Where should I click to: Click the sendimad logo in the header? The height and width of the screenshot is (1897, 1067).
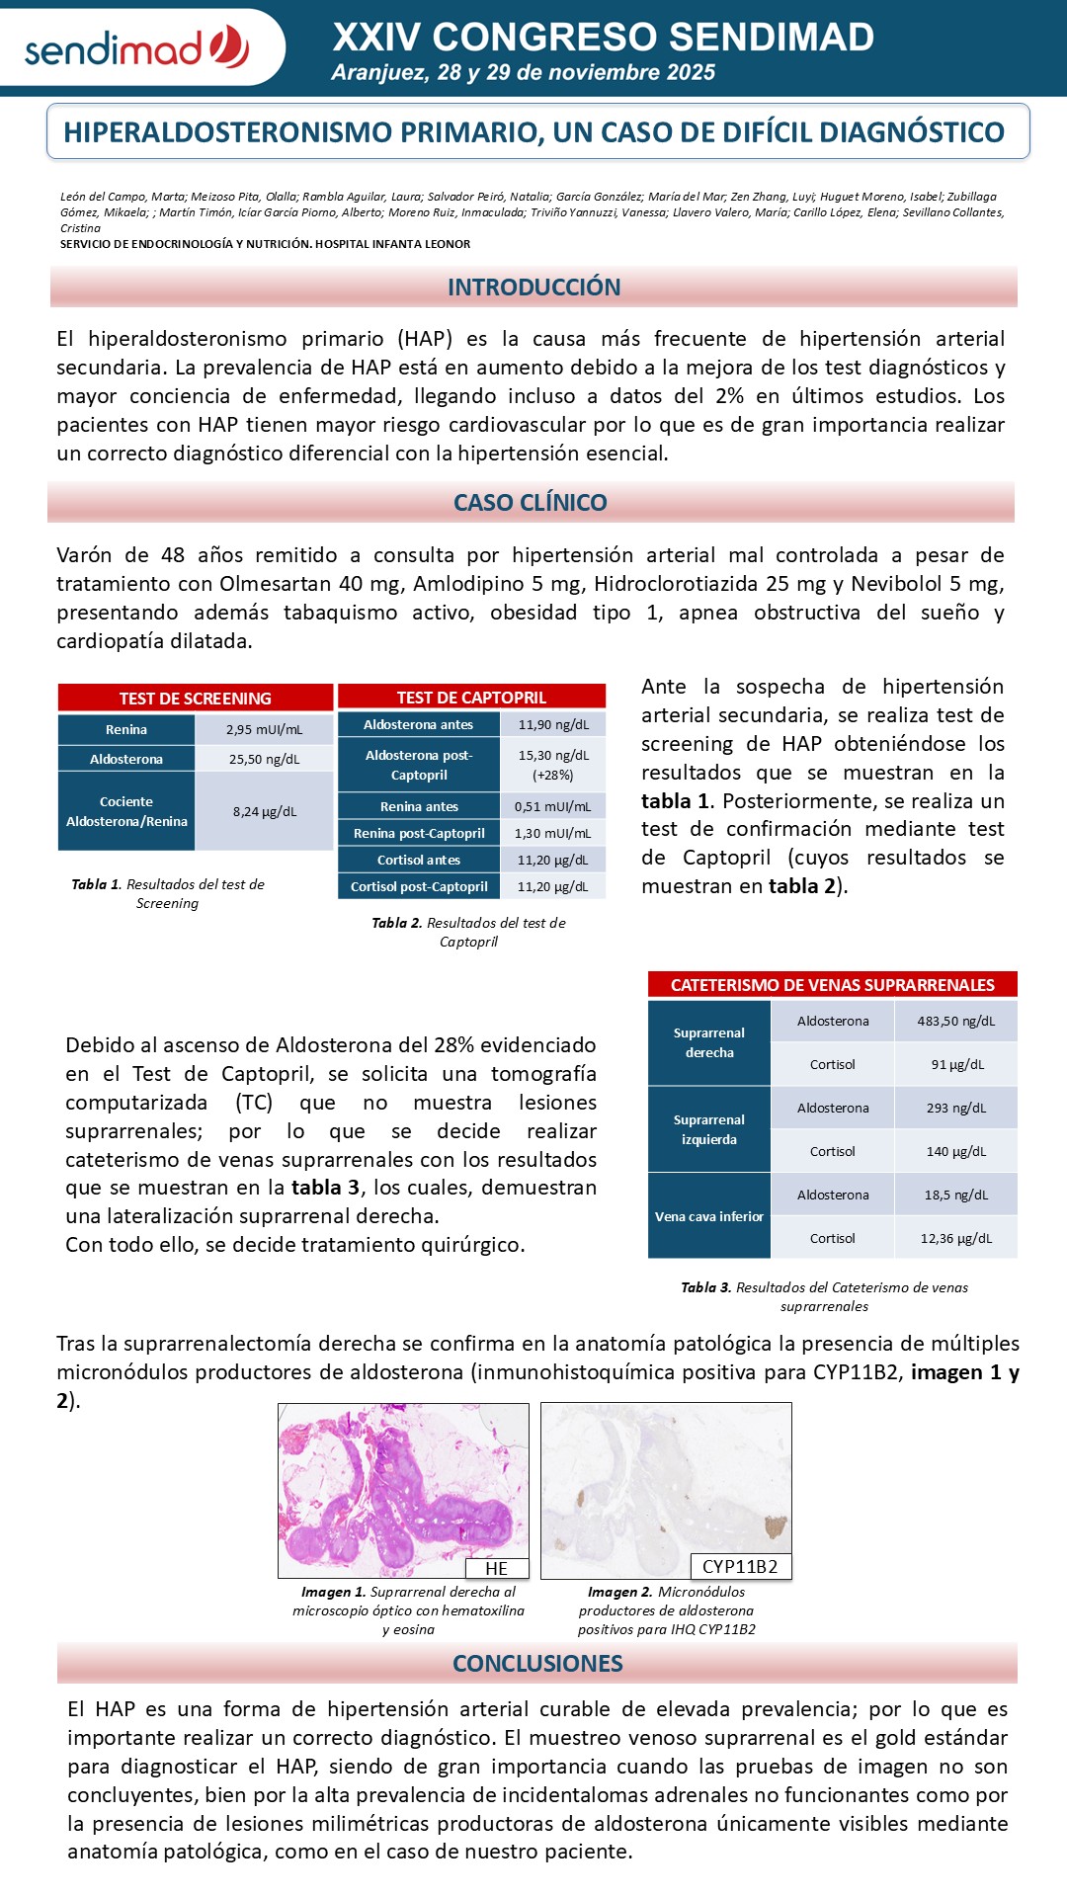coord(136,47)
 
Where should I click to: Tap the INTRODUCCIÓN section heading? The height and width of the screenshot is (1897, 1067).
coord(533,288)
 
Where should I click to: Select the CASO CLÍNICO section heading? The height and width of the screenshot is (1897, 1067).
coord(531,503)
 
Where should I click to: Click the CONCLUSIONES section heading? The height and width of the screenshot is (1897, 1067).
coord(537,1664)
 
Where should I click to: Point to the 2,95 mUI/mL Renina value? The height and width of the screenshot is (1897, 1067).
coord(264,730)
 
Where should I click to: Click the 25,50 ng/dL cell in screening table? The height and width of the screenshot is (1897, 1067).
coord(264,760)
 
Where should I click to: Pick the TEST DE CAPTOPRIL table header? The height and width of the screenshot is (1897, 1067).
coord(471,698)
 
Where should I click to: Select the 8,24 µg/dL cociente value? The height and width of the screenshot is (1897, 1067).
coord(264,812)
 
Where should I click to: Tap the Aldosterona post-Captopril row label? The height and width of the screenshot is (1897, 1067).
coord(419,766)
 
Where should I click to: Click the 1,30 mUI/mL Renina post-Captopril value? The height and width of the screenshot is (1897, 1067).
coord(552,834)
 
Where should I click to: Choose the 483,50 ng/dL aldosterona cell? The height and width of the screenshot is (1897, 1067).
coord(955,1022)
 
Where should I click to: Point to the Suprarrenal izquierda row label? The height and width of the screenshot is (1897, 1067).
coord(709,1130)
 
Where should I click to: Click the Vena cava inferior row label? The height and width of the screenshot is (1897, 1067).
coord(709,1217)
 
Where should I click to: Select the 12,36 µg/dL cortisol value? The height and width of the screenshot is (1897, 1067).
coord(955,1239)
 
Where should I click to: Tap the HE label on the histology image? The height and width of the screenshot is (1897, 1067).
coord(497,1569)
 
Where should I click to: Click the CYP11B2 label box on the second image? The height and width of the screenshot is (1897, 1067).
coord(740,1567)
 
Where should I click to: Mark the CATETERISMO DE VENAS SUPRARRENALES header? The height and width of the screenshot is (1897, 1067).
coord(832,985)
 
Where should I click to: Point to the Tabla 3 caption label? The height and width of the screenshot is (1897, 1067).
coord(705,1288)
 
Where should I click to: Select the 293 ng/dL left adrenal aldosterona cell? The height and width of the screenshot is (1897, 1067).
coord(955,1109)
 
